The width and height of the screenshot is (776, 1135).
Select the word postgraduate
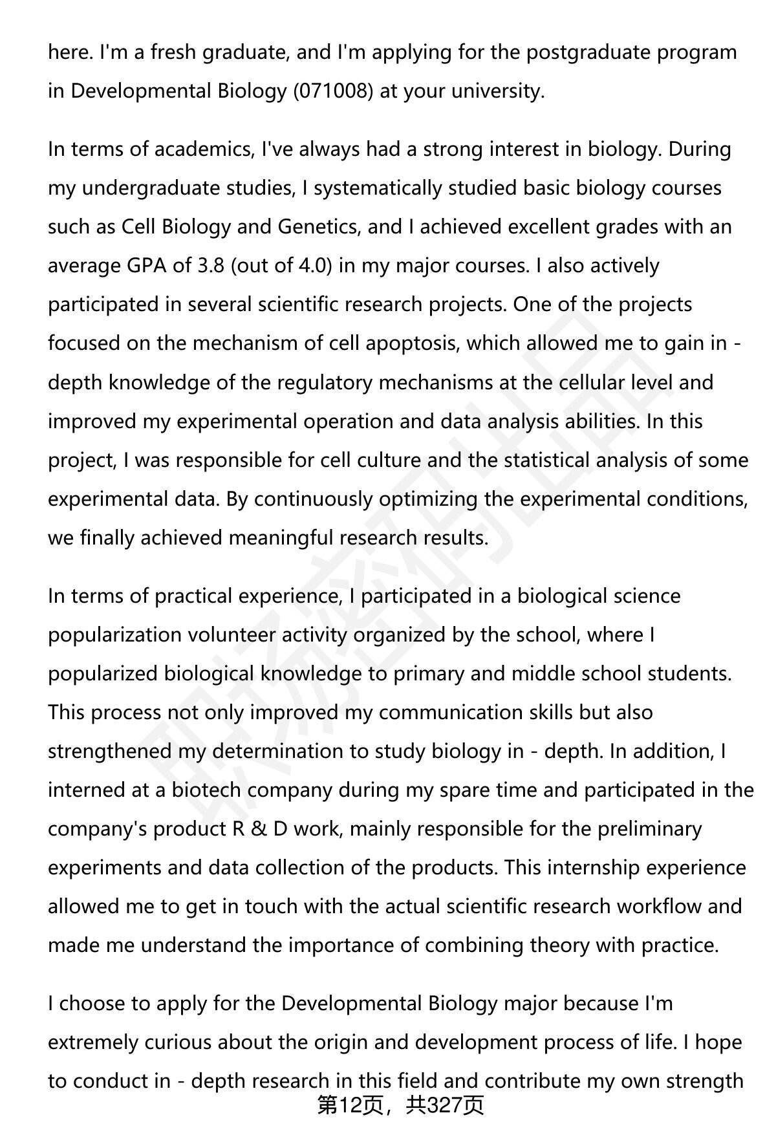click(x=588, y=52)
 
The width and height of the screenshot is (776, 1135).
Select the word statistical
click(x=547, y=460)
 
